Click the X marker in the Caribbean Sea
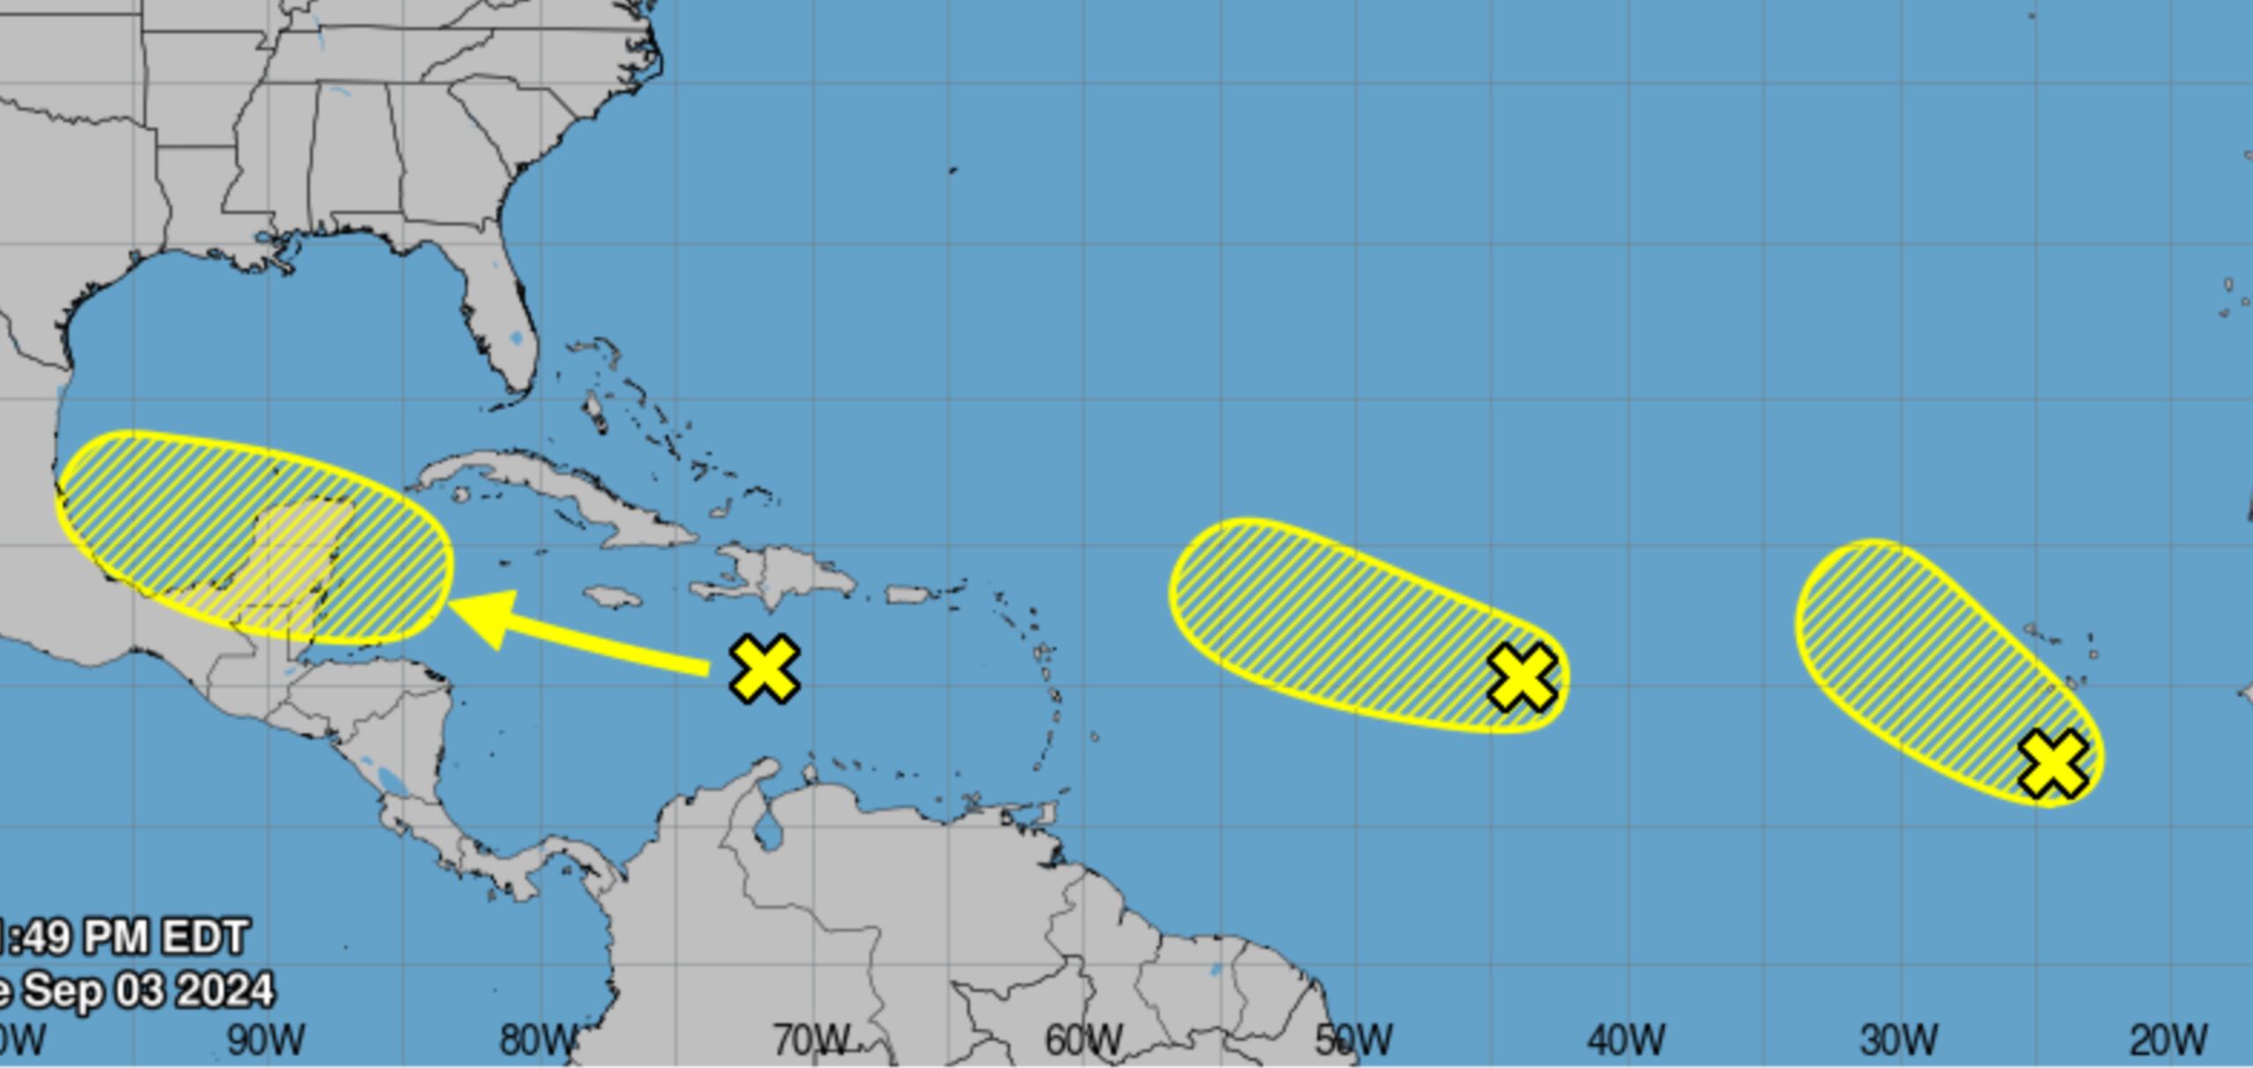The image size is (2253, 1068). pos(765,669)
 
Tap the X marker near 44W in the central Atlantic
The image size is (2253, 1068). pos(1522,677)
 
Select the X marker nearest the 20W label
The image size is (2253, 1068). pos(2052,764)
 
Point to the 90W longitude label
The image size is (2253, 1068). pos(267,1041)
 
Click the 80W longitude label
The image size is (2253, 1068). pos(539,1041)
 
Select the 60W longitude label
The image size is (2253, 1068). pos(1083,1041)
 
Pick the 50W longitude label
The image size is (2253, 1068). pos(1354,1041)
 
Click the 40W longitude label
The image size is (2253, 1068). pos(1626,1041)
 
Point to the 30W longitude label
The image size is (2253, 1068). pos(1898,1041)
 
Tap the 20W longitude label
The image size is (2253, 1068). pos(2169,1041)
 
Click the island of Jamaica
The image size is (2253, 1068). pos(613,598)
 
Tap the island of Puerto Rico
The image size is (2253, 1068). pos(908,595)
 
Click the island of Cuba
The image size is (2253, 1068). pos(563,490)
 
